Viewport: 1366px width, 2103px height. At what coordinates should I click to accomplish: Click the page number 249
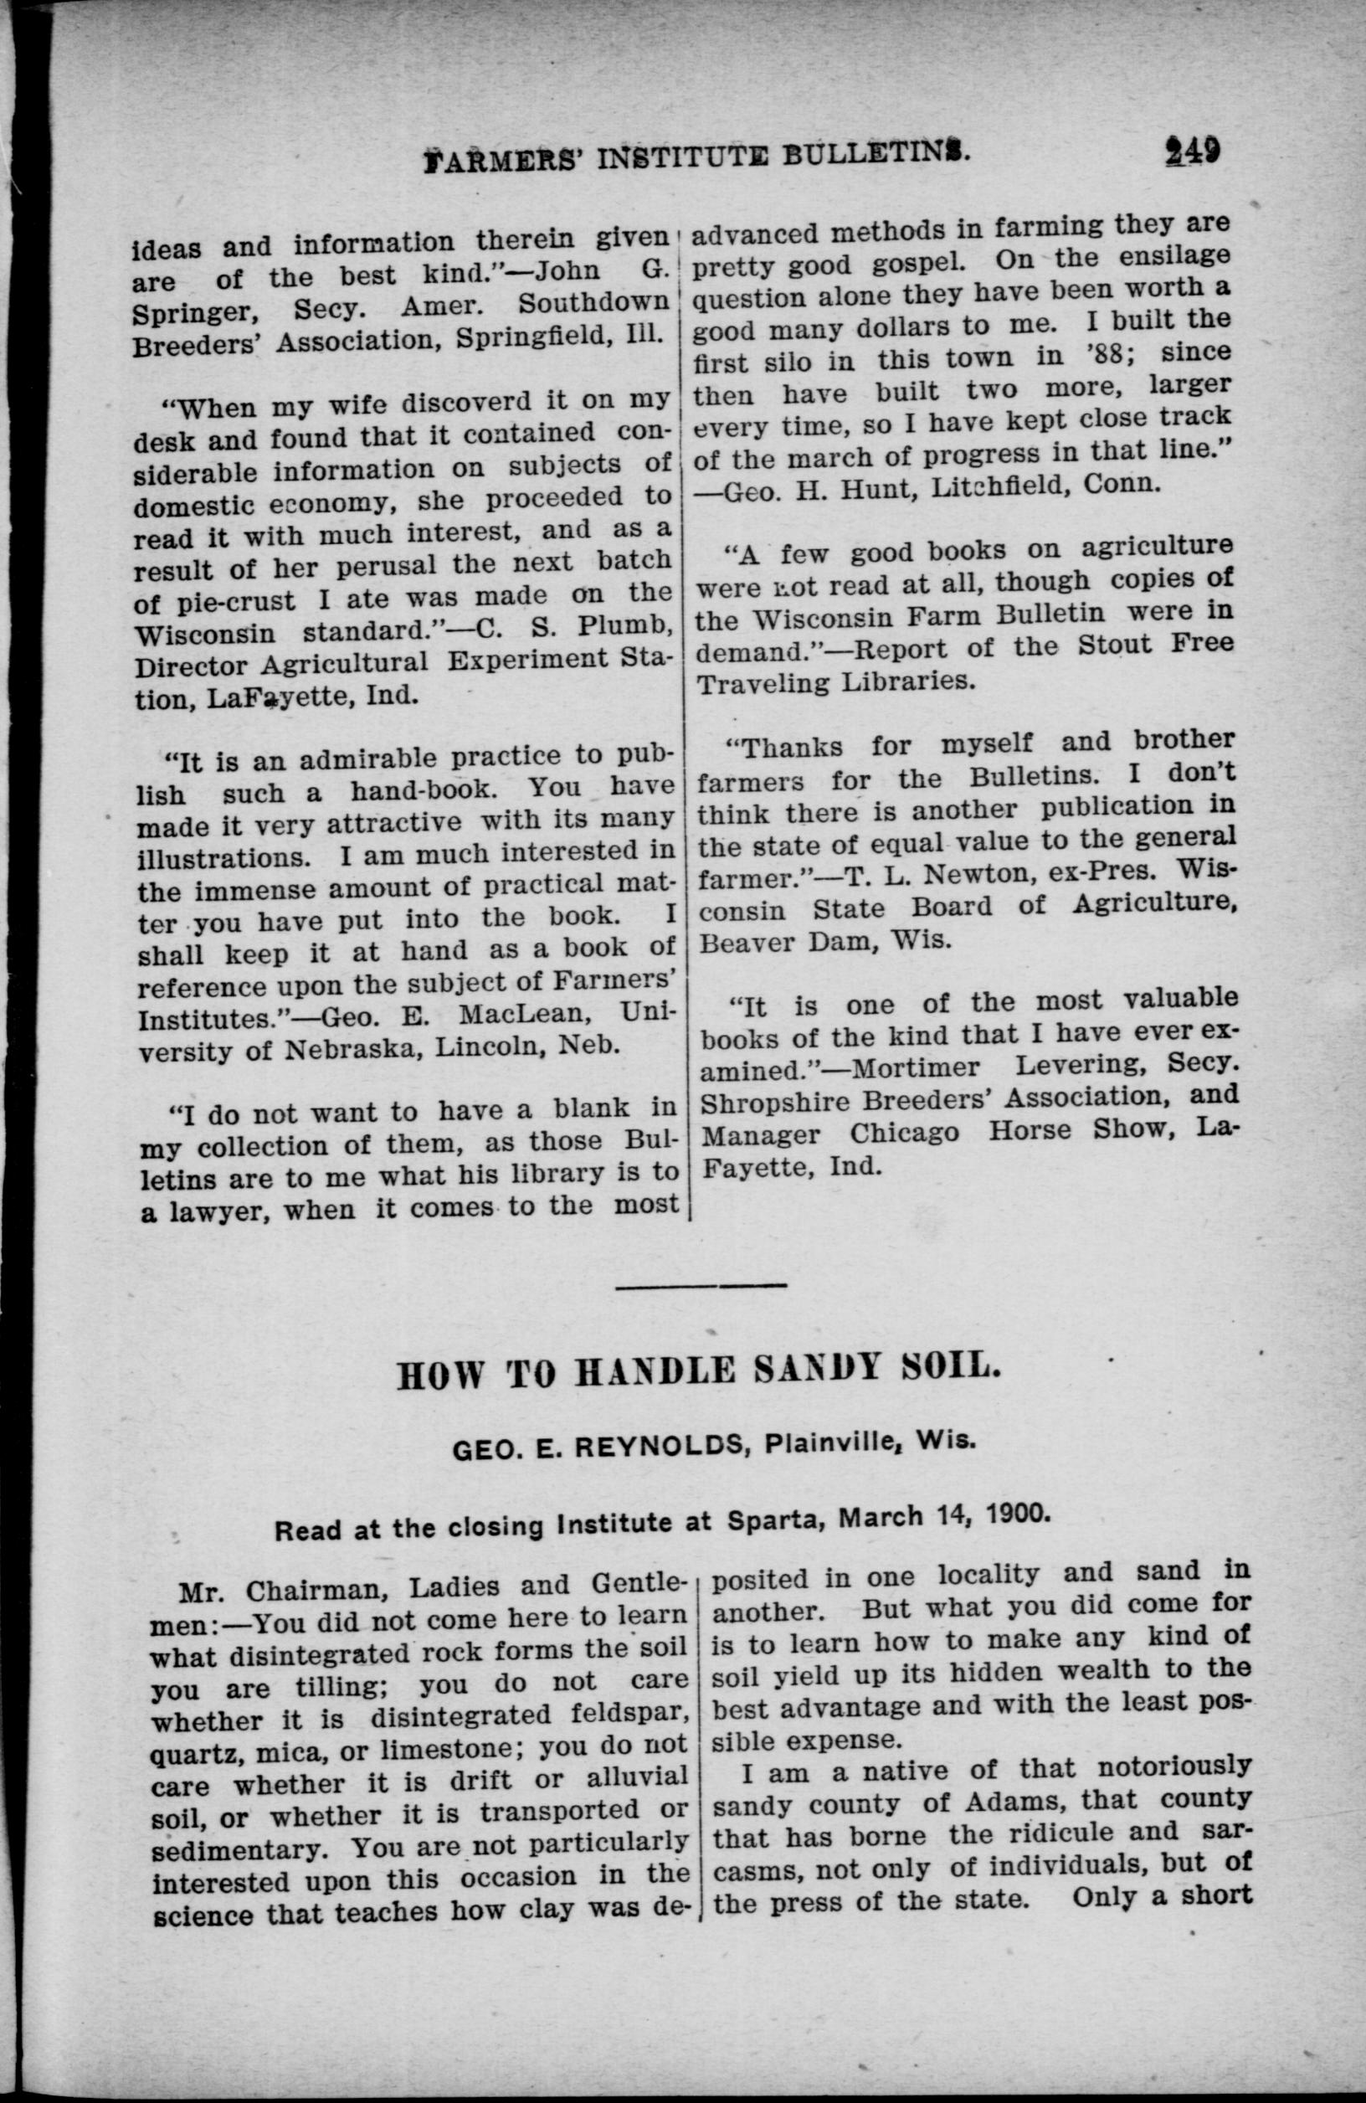click(x=1192, y=150)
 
